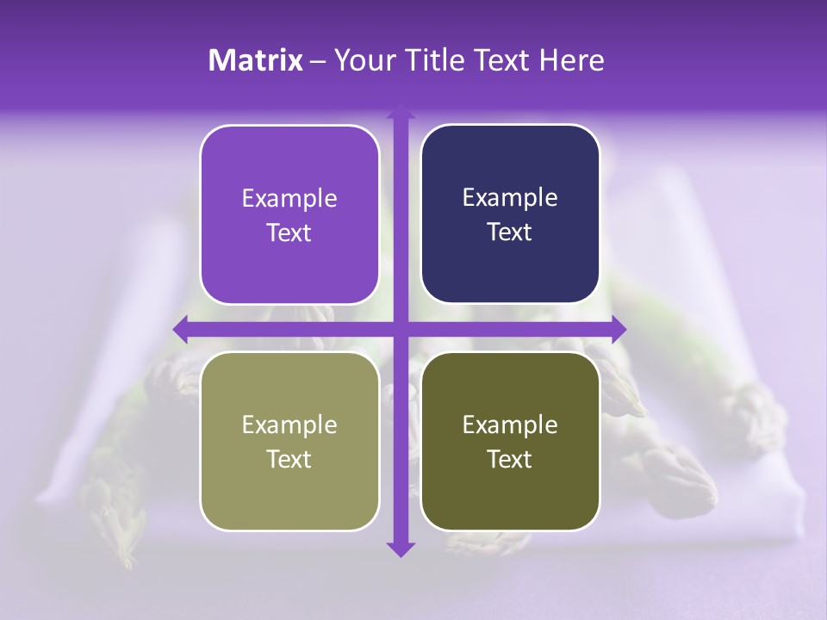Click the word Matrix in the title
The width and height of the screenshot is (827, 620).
coord(256,60)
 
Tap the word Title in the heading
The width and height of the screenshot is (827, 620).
coord(440,60)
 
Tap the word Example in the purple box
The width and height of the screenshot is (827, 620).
coord(289,199)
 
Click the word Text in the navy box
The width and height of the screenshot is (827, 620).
coord(510,232)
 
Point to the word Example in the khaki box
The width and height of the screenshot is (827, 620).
coord(289,425)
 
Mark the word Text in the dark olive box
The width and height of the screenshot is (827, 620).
coord(510,459)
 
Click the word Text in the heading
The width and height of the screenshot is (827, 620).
coord(502,60)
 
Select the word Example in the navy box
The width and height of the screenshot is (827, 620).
coord(510,198)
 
